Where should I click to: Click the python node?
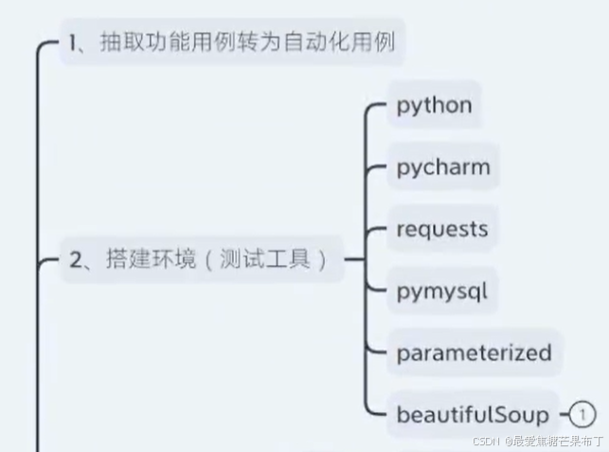pos(434,105)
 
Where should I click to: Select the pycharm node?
pos(443,168)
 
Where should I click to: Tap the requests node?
pos(442,229)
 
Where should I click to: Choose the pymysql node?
pos(442,291)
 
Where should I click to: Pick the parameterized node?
pos(474,353)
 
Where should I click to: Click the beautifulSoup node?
pos(473,415)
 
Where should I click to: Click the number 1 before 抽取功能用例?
pos(74,43)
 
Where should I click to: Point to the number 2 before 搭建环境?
pos(75,261)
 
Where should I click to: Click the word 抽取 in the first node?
pos(120,43)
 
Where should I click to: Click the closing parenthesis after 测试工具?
pos(322,260)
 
